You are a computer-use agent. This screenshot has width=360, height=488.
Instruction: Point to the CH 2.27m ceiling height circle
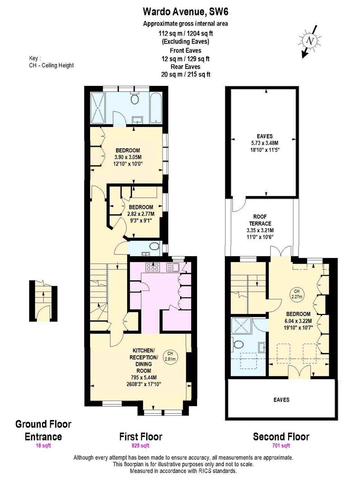click(x=297, y=294)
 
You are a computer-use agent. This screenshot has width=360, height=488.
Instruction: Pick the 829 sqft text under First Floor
click(x=141, y=446)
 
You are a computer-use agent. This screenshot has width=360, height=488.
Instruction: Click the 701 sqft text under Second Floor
click(x=281, y=446)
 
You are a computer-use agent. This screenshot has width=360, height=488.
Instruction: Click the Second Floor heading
click(x=281, y=436)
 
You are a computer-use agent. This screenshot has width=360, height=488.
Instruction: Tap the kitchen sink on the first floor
click(x=173, y=267)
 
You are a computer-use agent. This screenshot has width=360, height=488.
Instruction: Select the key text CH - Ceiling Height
click(x=51, y=66)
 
